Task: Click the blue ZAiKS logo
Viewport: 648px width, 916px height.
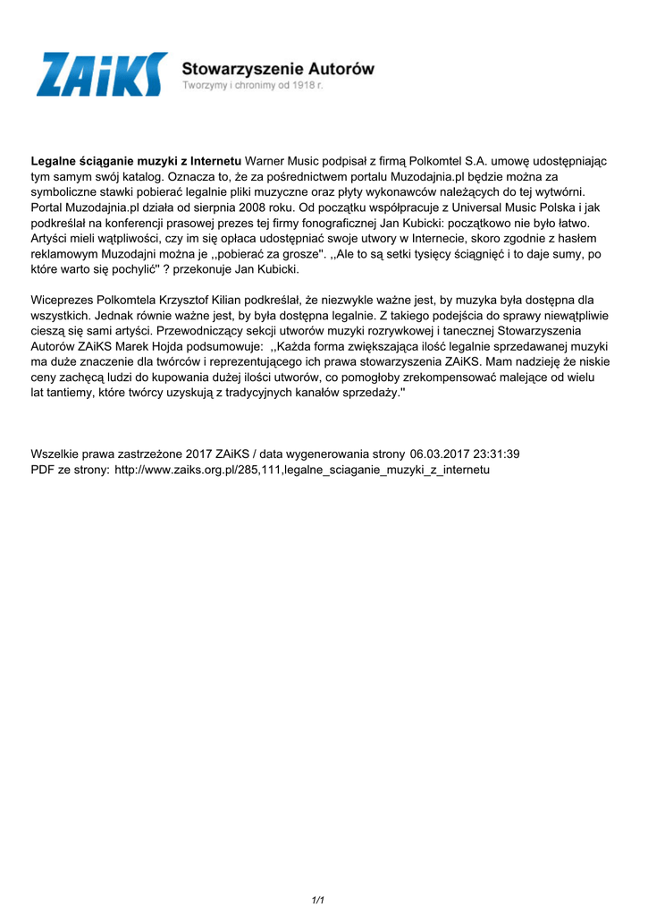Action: [x=102, y=74]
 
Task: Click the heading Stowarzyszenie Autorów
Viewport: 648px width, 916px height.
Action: [x=278, y=68]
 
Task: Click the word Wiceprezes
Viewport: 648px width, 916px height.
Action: [x=64, y=300]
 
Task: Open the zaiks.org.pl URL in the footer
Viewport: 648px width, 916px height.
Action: [x=302, y=470]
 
